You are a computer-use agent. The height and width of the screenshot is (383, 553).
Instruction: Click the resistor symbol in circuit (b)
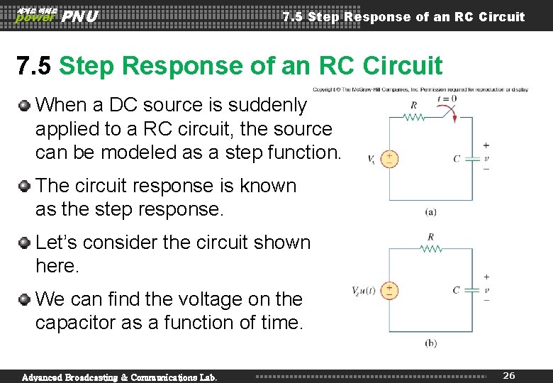click(430, 249)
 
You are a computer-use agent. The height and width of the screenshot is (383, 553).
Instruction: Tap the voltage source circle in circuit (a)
click(389, 159)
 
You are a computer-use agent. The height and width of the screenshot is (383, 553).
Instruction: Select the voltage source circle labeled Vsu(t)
click(389, 290)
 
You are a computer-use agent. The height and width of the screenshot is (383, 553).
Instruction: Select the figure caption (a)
click(430, 211)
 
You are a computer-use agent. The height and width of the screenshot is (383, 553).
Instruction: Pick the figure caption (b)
click(430, 343)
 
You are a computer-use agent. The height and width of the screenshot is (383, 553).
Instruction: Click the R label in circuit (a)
click(413, 105)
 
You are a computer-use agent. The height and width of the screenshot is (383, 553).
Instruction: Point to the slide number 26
click(508, 375)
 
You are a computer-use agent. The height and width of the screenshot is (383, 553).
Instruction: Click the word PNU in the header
click(80, 16)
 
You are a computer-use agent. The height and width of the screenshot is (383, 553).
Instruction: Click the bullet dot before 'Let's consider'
click(25, 243)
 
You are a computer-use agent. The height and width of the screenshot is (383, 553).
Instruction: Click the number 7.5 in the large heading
click(34, 66)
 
